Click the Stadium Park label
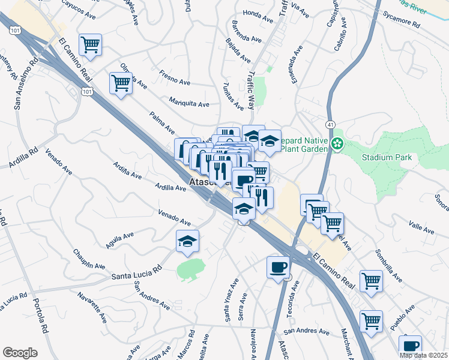[x=390, y=158]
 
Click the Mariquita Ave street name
[x=189, y=103]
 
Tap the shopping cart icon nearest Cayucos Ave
[x=90, y=45]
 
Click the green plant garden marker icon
[x=337, y=143]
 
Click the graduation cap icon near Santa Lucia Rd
[x=188, y=242]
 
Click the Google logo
[x=20, y=352]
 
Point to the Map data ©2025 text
[x=424, y=355]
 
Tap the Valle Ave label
[x=421, y=229]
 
